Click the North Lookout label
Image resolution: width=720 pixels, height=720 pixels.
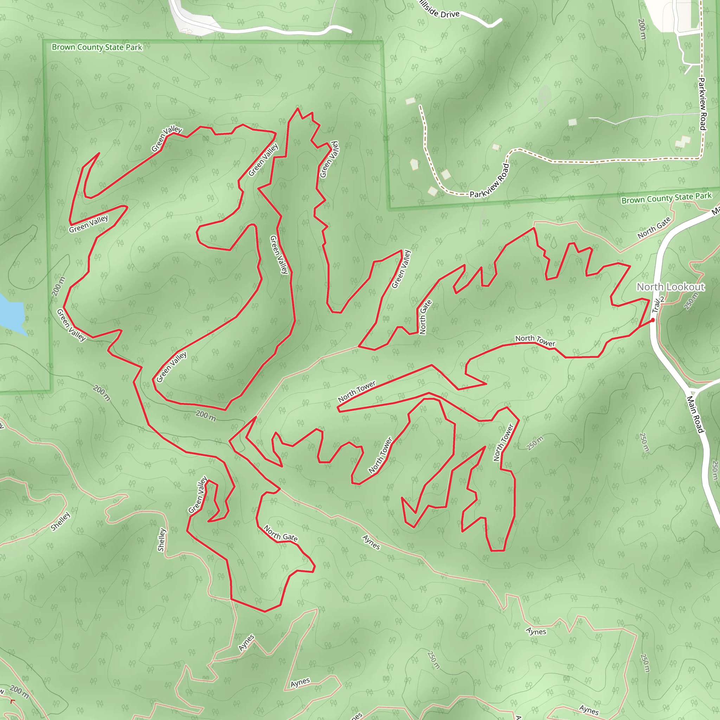[x=670, y=287]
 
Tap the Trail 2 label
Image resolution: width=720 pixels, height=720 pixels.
[x=658, y=304]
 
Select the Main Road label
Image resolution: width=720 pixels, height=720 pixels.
[x=695, y=414]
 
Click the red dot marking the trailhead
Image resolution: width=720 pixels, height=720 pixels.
[x=653, y=320]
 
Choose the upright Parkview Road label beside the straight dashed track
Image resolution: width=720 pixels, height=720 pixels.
[x=702, y=104]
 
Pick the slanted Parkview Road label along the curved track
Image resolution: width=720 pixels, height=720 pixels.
[x=490, y=181]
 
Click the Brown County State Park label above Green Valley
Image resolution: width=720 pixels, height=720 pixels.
[x=97, y=47]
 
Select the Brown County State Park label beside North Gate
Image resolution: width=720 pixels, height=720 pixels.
[x=666, y=198]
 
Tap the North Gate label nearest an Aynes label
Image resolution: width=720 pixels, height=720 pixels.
[x=281, y=533]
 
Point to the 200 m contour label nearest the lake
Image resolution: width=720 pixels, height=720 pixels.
[x=58, y=286]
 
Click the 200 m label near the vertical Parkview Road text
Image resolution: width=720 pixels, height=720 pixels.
[x=642, y=29]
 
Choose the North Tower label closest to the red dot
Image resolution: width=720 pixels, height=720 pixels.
[x=535, y=340]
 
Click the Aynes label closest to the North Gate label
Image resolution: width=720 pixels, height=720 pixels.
[x=371, y=542]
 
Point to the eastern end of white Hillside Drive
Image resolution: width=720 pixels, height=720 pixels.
[x=501, y=20]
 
